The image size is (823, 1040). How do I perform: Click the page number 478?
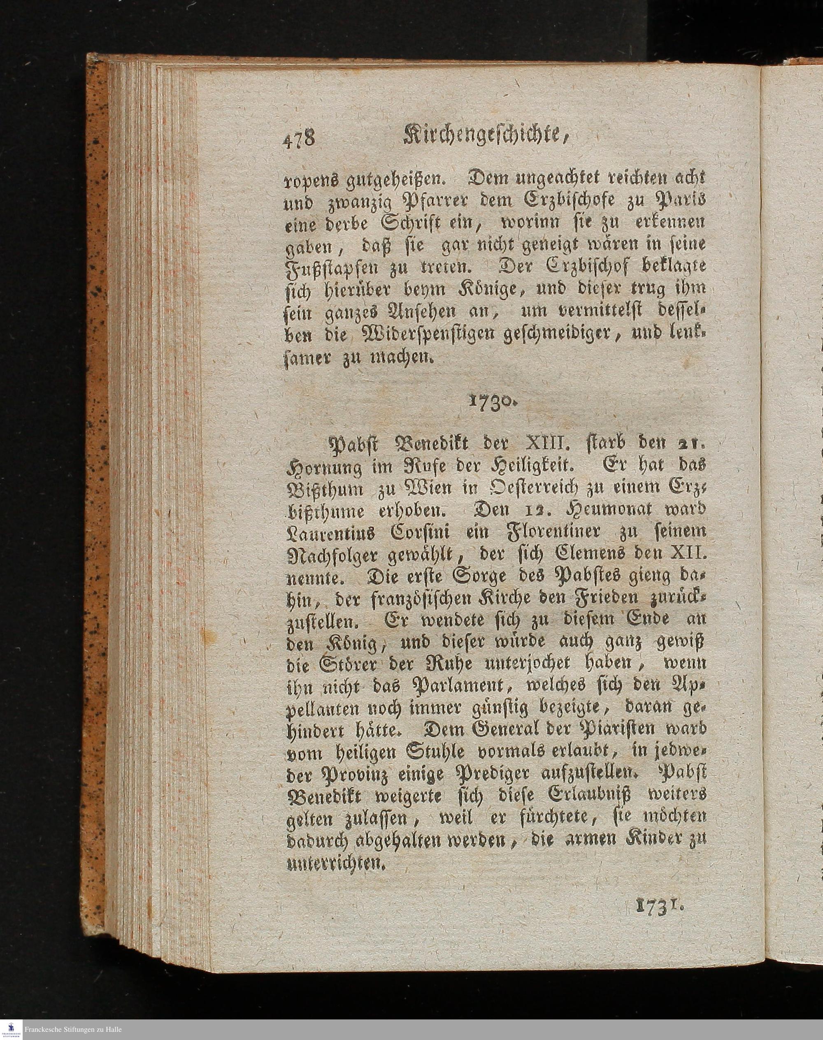[x=298, y=140]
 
